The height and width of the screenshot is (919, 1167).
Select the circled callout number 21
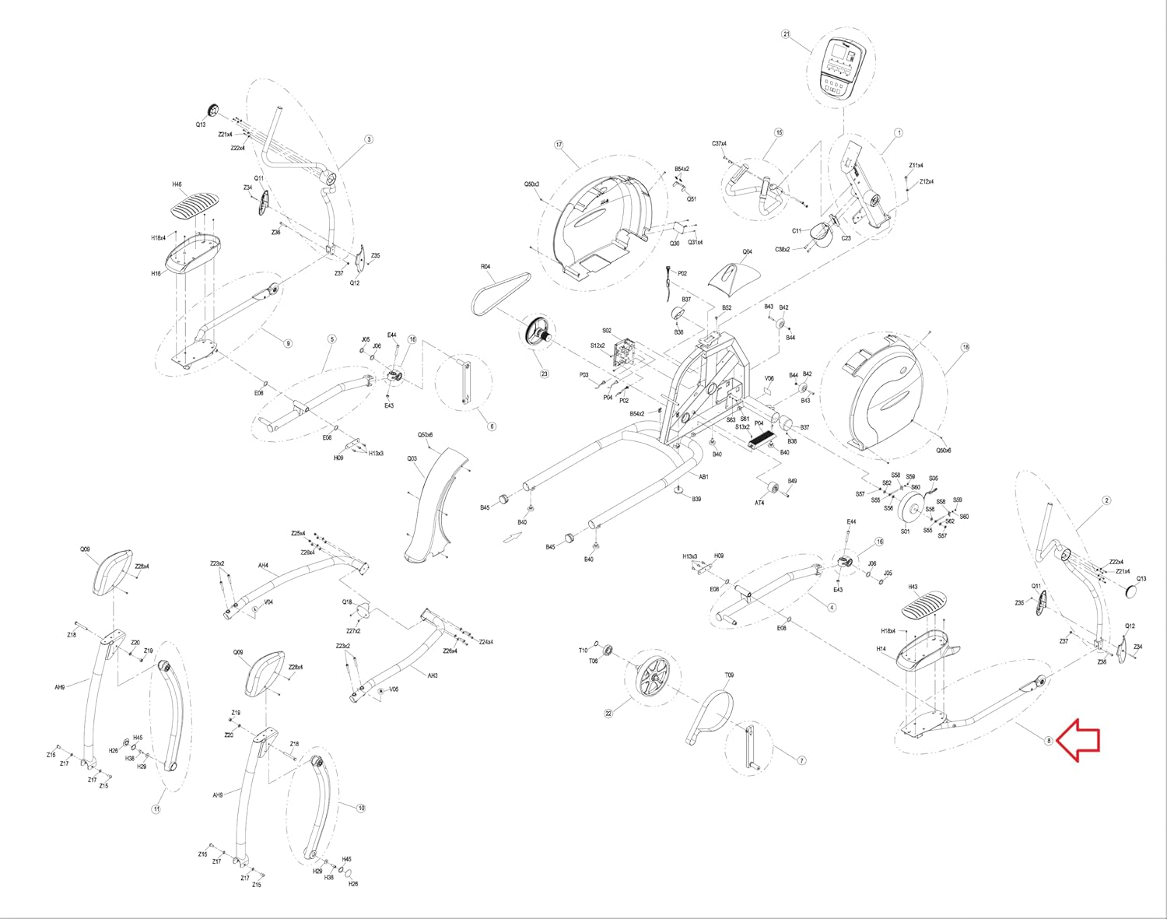pos(786,34)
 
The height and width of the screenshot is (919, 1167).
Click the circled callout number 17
pos(559,145)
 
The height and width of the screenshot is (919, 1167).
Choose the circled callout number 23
pos(545,374)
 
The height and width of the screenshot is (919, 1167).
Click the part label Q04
pos(748,252)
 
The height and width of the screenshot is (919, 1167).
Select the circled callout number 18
pos(965,348)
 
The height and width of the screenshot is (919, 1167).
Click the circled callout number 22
pos(609,713)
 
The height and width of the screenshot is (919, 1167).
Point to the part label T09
pos(729,675)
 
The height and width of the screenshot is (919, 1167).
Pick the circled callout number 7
pos(802,760)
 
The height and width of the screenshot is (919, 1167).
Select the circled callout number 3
pos(369,140)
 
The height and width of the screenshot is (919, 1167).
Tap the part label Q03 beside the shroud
pos(412,459)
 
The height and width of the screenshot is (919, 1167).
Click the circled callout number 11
pos(156,809)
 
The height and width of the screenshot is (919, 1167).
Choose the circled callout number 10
pos(361,809)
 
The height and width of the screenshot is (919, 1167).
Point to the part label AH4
pos(263,566)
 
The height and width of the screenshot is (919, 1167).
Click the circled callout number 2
pos(1106,501)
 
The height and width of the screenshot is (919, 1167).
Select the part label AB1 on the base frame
pos(703,477)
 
